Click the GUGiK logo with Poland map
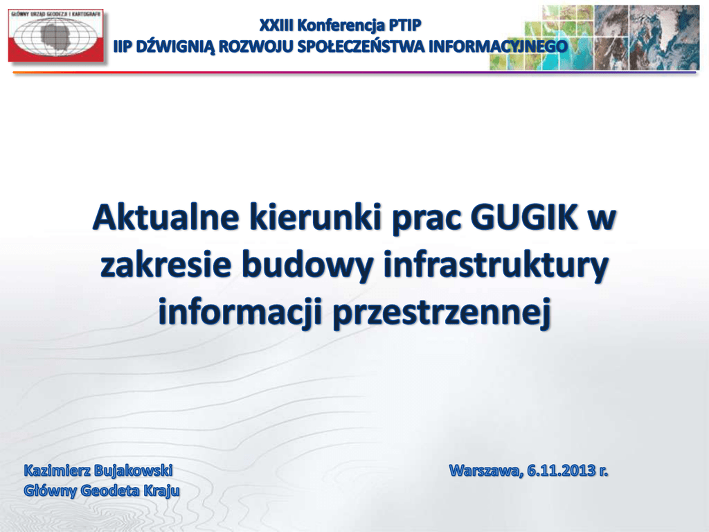tap(55, 35)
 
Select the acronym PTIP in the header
tap(404, 26)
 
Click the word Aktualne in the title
tap(165, 218)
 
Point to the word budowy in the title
tap(307, 266)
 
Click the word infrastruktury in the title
tap(496, 266)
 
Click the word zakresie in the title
tap(166, 265)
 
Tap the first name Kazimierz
tap(55, 470)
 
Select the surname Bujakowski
tap(131, 471)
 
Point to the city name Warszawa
tap(486, 471)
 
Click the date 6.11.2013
tap(561, 470)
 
